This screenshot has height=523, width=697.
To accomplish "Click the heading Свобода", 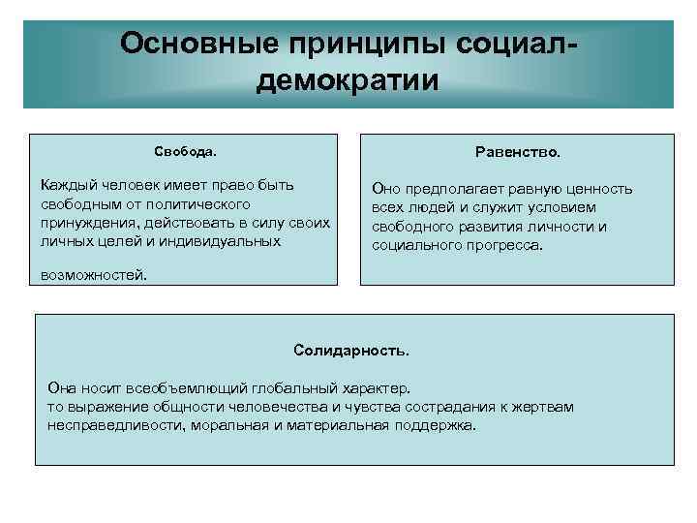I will coord(185,152).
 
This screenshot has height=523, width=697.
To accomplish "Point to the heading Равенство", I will coord(517,152).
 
